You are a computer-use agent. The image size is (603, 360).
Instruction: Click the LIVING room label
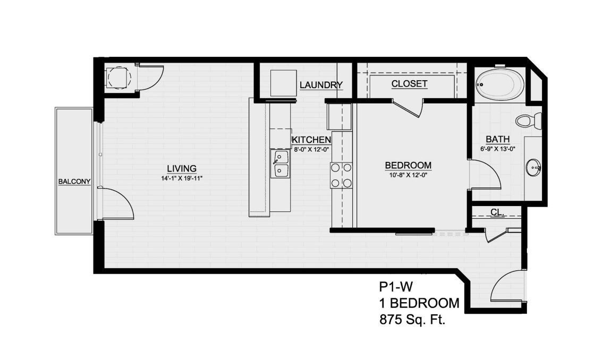(x=182, y=168)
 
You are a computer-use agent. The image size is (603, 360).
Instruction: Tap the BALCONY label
(x=74, y=182)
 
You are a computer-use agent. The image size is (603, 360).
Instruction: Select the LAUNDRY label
(x=321, y=85)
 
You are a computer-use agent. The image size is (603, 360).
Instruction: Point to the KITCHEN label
(x=311, y=140)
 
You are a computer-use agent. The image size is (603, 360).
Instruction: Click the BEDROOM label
(x=408, y=165)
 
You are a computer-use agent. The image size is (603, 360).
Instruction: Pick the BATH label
(x=497, y=140)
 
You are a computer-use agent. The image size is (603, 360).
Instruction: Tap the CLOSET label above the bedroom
(x=409, y=84)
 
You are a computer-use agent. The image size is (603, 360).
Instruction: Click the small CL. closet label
(x=497, y=212)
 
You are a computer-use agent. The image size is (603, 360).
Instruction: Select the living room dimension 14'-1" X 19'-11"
(x=182, y=178)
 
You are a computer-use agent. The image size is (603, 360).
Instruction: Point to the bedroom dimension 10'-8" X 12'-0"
(x=408, y=175)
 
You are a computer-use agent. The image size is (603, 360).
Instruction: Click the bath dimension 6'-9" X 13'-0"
(x=497, y=149)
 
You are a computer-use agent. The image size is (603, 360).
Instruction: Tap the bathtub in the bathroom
(x=499, y=84)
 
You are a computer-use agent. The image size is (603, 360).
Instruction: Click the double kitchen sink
(x=281, y=164)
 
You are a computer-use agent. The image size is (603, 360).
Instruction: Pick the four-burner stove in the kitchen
(x=342, y=175)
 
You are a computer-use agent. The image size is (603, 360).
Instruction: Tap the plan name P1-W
(x=396, y=287)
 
